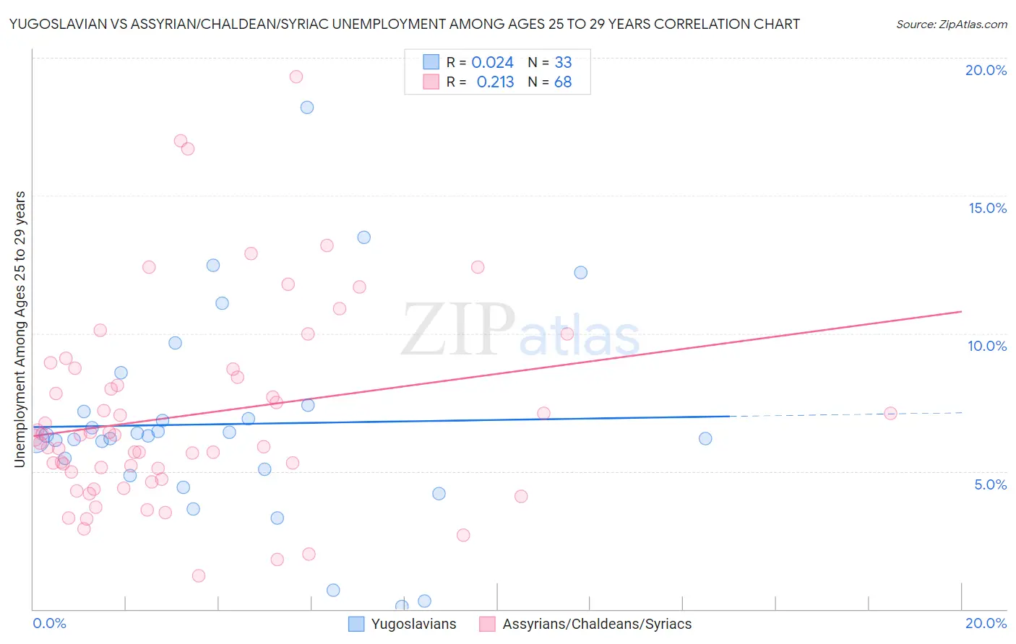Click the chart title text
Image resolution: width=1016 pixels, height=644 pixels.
pyautogui.click(x=405, y=24)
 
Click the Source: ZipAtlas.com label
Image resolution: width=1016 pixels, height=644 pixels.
pyautogui.click(x=951, y=25)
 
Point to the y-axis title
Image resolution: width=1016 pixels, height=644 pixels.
pyautogui.click(x=20, y=329)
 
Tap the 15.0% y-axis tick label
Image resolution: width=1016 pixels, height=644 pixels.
pyautogui.click(x=987, y=208)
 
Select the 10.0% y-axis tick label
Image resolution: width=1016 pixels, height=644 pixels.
pyautogui.click(x=987, y=346)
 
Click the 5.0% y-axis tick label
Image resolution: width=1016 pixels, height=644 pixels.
pyautogui.click(x=990, y=484)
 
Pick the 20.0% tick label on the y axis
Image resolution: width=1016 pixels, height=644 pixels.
pyautogui.click(x=986, y=70)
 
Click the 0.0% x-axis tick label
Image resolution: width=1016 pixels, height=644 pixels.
pyautogui.click(x=49, y=623)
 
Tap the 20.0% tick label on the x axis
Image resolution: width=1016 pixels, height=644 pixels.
pyautogui.click(x=986, y=623)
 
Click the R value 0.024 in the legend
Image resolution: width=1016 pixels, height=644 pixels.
pyautogui.click(x=492, y=63)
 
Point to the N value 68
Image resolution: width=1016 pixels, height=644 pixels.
pyautogui.click(x=563, y=82)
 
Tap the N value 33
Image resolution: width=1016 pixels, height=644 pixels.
pyautogui.click(x=563, y=63)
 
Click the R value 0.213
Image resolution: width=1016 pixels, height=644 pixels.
pyautogui.click(x=495, y=82)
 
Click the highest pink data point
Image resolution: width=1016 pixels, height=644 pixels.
pyautogui.click(x=296, y=77)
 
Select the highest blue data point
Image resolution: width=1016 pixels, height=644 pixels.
pyautogui.click(x=307, y=108)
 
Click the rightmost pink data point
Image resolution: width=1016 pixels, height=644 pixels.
pyautogui.click(x=890, y=413)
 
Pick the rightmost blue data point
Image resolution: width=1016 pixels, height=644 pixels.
pyautogui.click(x=705, y=438)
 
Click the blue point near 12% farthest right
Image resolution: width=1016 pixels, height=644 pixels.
pyautogui.click(x=581, y=272)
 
